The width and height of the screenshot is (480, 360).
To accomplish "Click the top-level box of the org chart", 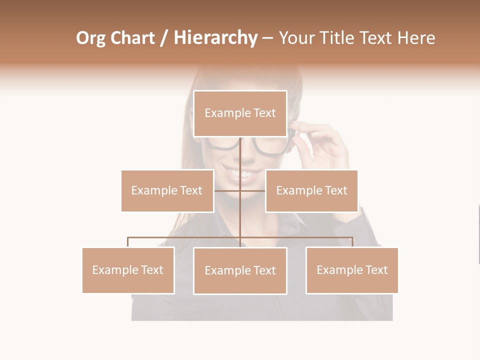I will pyautogui.click(x=240, y=113).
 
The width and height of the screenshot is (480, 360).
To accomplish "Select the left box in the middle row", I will pyautogui.click(x=167, y=190).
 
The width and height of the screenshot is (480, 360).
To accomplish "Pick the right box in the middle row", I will pyautogui.click(x=311, y=190).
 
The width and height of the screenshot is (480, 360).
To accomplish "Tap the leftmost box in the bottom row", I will pyautogui.click(x=128, y=270).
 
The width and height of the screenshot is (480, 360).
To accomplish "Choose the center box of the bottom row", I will pyautogui.click(x=240, y=270).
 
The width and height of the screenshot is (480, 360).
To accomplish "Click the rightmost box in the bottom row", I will pyautogui.click(x=352, y=270).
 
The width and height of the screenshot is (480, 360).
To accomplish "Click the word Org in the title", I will pyautogui.click(x=90, y=38).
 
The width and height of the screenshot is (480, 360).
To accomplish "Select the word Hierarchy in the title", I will pyautogui.click(x=215, y=38).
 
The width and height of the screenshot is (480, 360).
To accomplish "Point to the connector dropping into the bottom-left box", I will pyautogui.click(x=128, y=242).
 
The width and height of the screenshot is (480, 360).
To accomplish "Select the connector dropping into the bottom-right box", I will pyautogui.click(x=352, y=242).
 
